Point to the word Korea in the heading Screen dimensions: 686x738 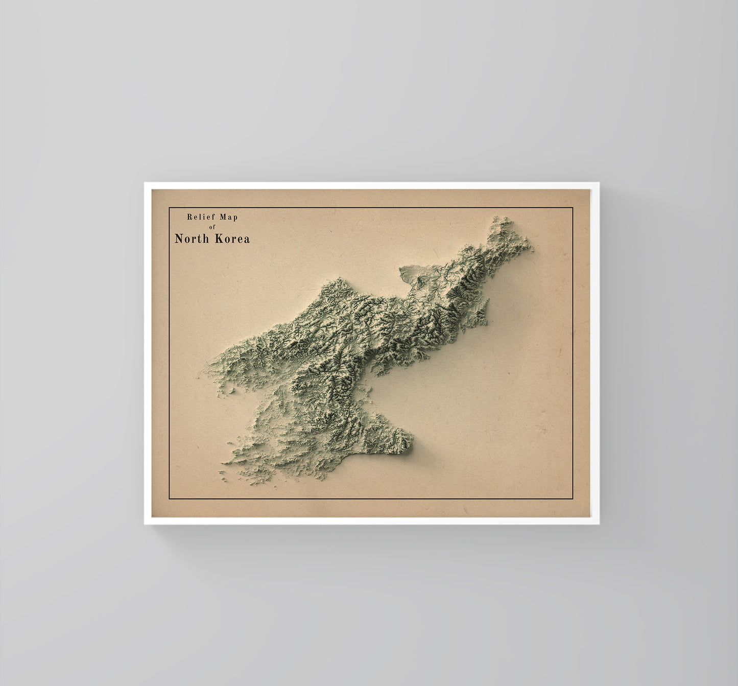(x=232, y=239)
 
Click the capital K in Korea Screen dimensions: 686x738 (x=218, y=239)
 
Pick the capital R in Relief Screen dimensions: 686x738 (x=189, y=217)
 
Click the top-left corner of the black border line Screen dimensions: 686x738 (x=169, y=208)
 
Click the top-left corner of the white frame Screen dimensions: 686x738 (x=145, y=183)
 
